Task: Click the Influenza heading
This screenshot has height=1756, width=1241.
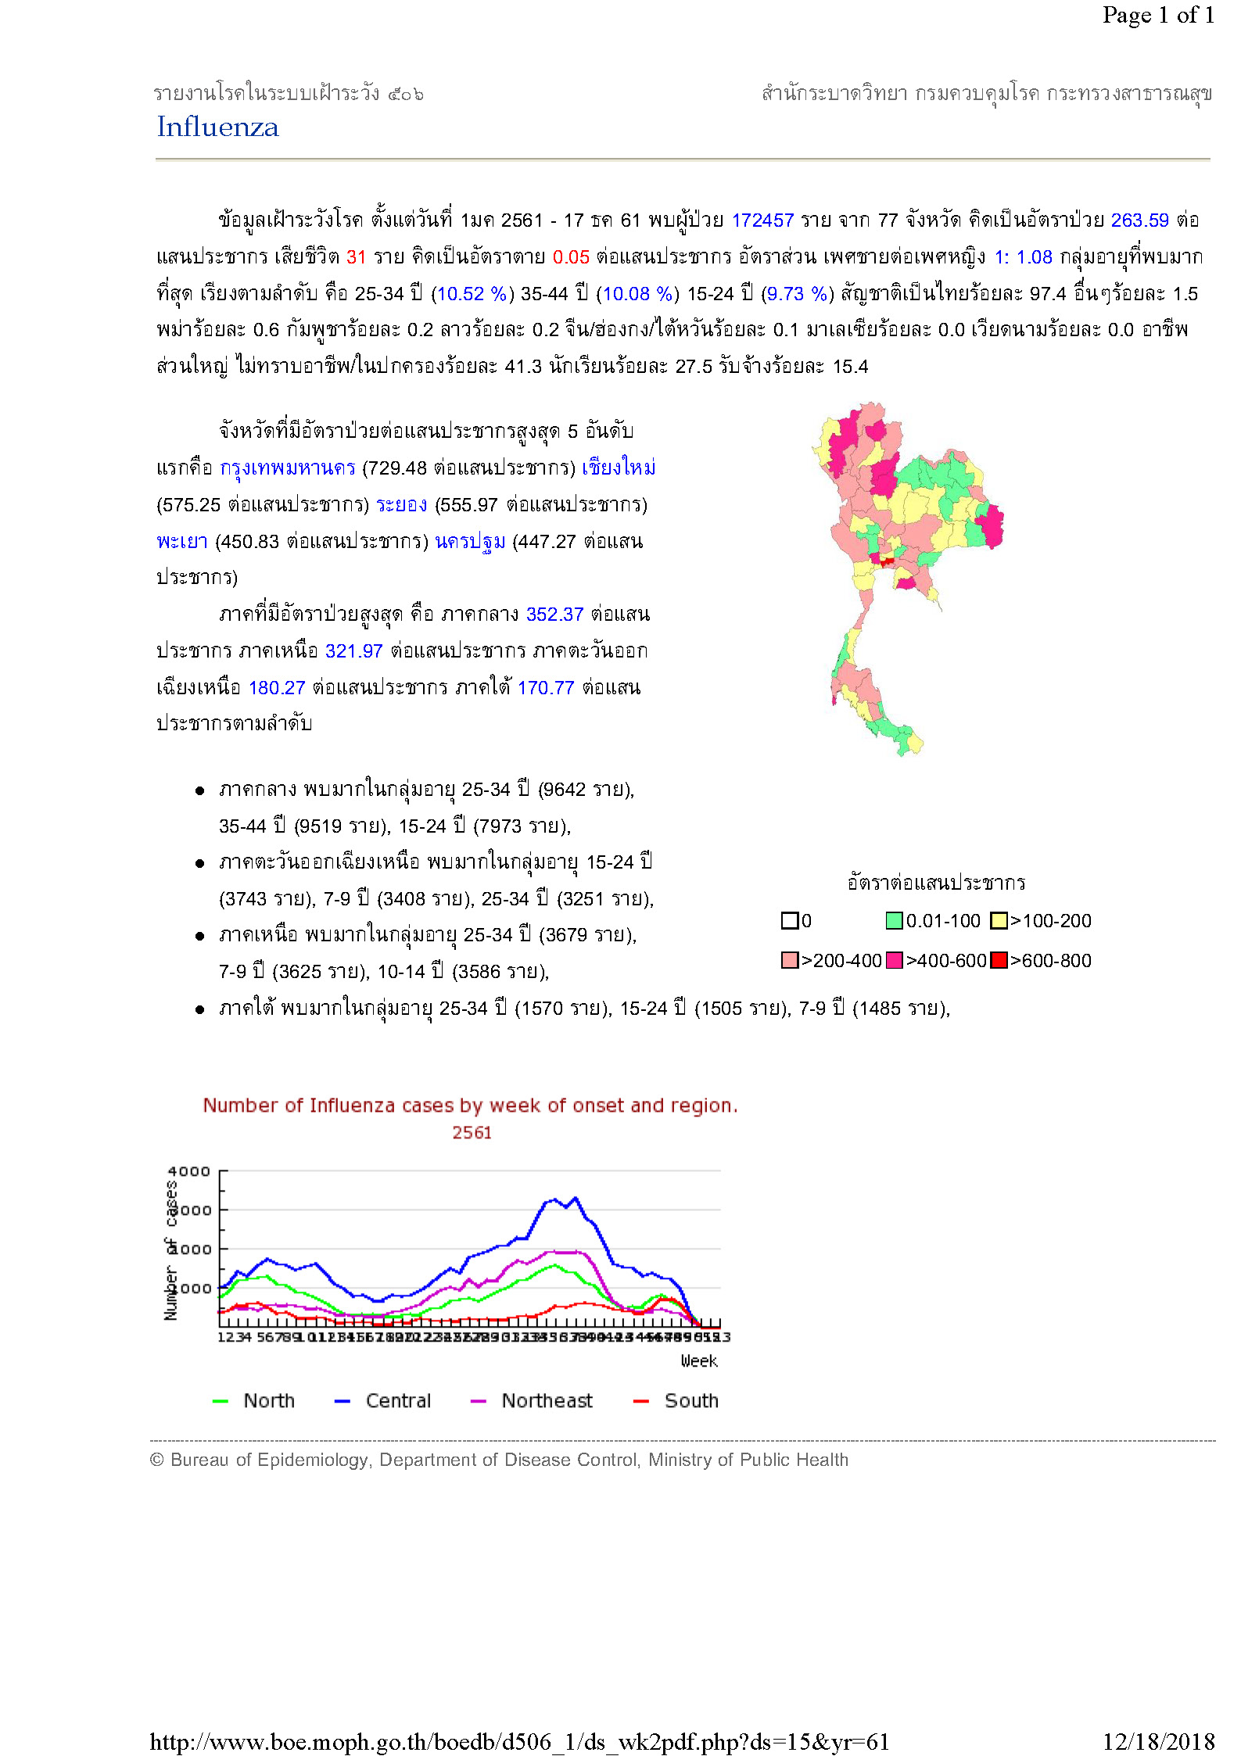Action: [x=217, y=127]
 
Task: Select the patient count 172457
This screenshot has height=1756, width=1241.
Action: [x=762, y=220]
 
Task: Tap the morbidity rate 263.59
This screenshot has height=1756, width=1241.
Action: [x=1139, y=220]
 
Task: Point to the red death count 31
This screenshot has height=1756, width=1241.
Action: [x=356, y=257]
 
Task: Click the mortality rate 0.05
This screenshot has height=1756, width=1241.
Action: [x=571, y=257]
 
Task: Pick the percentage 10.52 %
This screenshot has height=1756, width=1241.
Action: [x=472, y=294]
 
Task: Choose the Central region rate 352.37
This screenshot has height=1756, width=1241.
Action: [x=554, y=615]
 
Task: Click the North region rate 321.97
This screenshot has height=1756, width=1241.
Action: [x=353, y=651]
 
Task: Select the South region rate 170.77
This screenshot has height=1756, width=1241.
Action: [x=546, y=688]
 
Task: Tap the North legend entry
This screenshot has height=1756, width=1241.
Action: [x=268, y=1400]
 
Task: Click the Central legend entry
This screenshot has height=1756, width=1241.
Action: [x=397, y=1400]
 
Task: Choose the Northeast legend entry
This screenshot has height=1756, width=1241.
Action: [x=547, y=1400]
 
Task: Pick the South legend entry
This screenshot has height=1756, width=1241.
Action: [x=690, y=1400]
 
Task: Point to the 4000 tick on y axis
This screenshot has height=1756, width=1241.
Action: [x=188, y=1171]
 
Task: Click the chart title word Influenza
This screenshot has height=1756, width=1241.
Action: [x=352, y=1106]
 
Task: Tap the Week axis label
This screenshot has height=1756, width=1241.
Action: [x=698, y=1361]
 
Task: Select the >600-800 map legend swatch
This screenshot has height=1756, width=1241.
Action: [x=999, y=960]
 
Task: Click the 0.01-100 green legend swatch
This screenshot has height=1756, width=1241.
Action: [x=894, y=921]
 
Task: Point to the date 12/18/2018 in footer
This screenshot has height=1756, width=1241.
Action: [x=1158, y=1741]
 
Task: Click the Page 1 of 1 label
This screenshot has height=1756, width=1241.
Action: [x=1158, y=15]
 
